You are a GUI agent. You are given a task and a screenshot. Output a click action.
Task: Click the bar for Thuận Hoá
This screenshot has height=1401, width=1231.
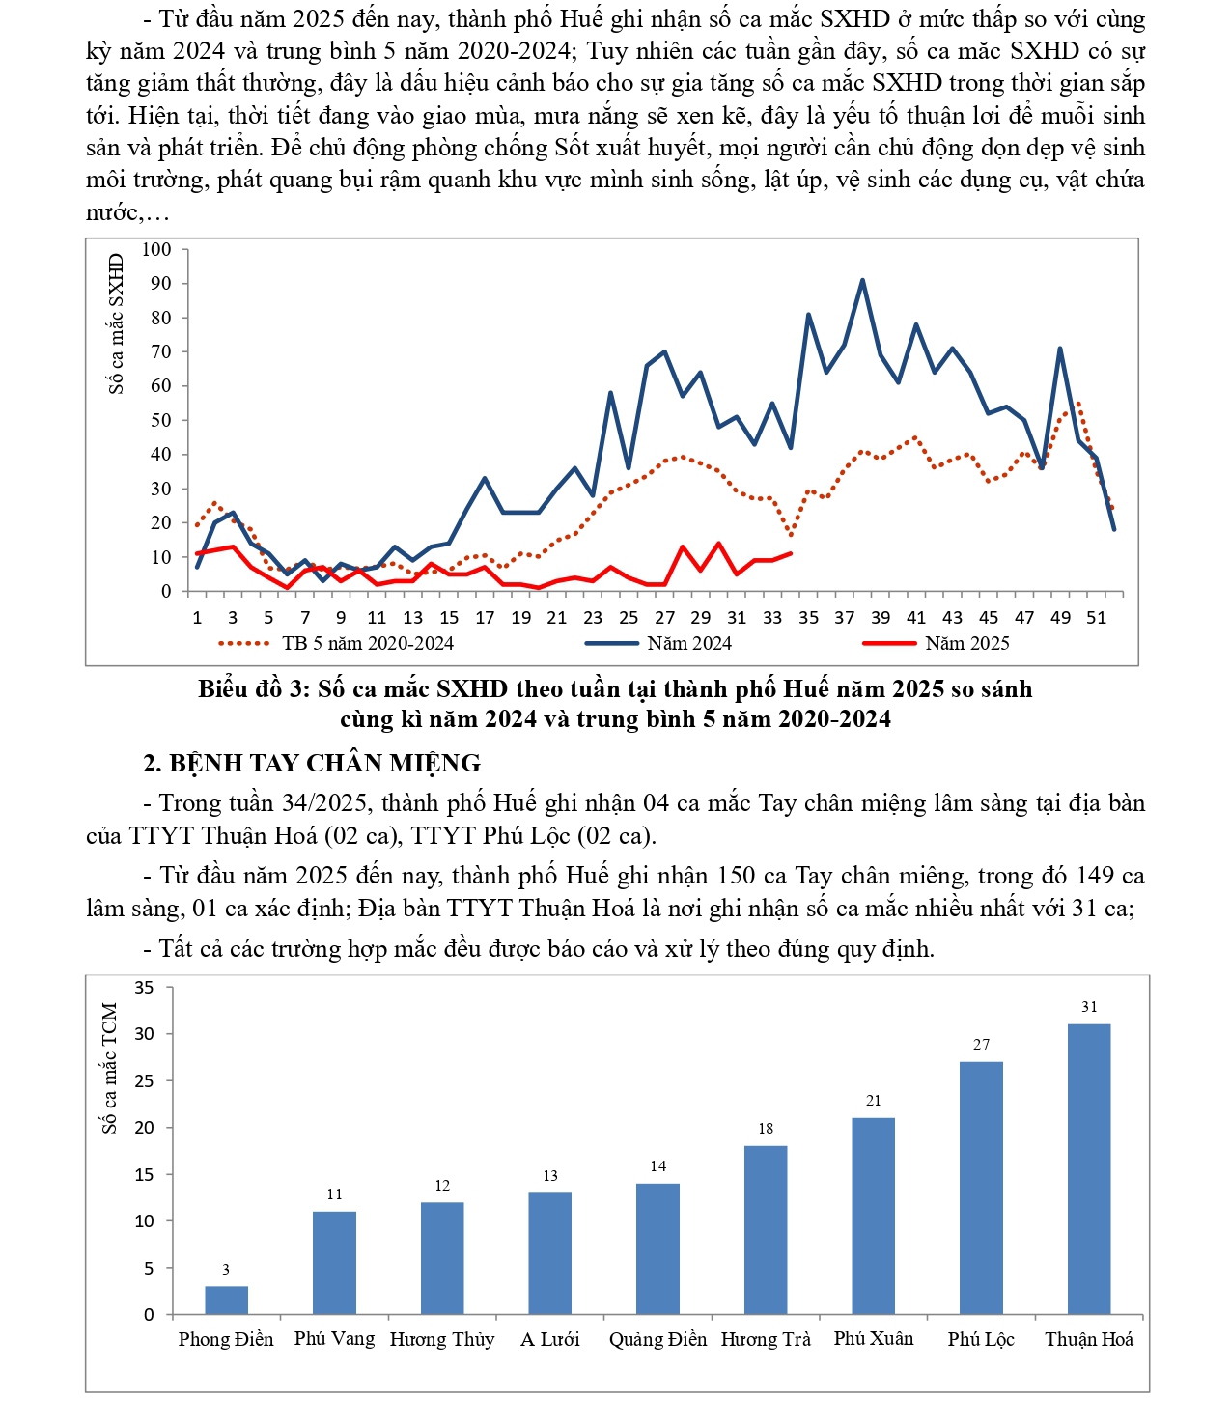pyautogui.click(x=1089, y=1168)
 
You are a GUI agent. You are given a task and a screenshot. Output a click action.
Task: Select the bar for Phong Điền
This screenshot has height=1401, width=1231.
pyautogui.click(x=226, y=1300)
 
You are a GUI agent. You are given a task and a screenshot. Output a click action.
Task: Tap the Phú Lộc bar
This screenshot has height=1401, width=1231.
pyautogui.click(x=981, y=1188)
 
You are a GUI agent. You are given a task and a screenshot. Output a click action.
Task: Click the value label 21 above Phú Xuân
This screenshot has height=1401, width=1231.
pyautogui.click(x=874, y=1101)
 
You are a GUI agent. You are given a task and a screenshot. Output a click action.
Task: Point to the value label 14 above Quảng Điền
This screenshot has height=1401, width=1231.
pyautogui.click(x=657, y=1166)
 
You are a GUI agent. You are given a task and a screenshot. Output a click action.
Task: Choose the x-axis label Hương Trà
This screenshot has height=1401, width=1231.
pyautogui.click(x=766, y=1339)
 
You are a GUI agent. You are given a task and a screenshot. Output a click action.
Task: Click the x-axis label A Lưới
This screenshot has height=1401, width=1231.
pyautogui.click(x=549, y=1339)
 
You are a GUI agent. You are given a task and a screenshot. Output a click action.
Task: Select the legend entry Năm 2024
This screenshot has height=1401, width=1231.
pyautogui.click(x=689, y=643)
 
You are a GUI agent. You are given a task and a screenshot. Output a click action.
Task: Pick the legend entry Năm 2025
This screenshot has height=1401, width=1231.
pyautogui.click(x=966, y=643)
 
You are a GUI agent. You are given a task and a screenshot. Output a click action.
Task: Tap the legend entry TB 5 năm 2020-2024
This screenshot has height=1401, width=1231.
pyautogui.click(x=367, y=643)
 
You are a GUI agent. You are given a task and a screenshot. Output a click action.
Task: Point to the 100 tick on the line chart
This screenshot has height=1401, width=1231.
pyautogui.click(x=156, y=249)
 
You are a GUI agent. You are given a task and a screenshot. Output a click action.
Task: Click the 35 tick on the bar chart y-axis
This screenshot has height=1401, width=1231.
pyautogui.click(x=144, y=987)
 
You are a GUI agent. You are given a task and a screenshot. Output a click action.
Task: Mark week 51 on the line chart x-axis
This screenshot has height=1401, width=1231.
pyautogui.click(x=1096, y=618)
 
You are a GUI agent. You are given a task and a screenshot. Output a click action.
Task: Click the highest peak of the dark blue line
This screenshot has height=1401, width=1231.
pyautogui.click(x=862, y=280)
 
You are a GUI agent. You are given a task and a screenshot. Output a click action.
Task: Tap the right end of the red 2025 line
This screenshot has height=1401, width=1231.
pyautogui.click(x=791, y=553)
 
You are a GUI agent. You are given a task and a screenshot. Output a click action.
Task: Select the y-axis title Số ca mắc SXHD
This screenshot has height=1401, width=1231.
pyautogui.click(x=117, y=323)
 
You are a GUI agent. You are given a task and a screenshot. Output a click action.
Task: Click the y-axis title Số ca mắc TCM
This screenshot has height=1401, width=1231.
pyautogui.click(x=109, y=1067)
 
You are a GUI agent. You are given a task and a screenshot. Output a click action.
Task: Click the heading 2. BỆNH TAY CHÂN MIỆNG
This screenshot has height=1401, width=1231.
pyautogui.click(x=312, y=763)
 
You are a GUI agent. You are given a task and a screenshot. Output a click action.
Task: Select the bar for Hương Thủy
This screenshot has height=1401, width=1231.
pyautogui.click(x=442, y=1257)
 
